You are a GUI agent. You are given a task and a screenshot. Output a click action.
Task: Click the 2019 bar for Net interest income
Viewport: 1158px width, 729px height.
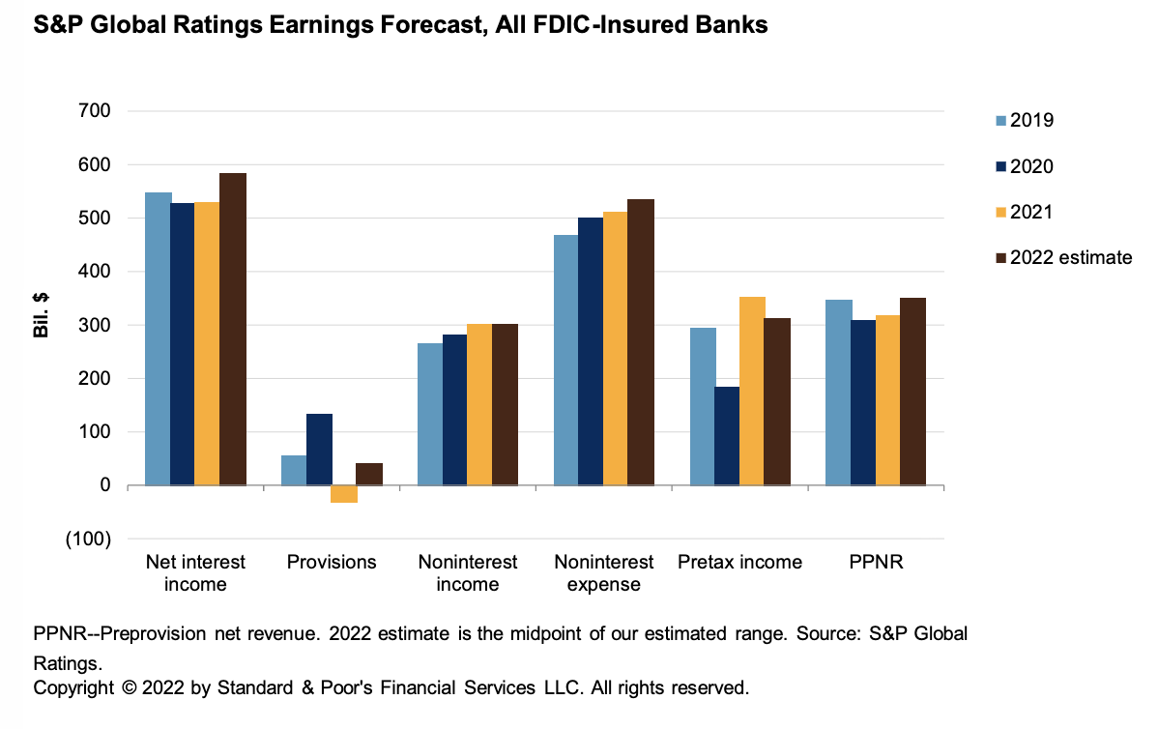click(x=159, y=338)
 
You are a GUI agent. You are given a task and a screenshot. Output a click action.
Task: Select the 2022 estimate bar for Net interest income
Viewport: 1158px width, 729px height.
click(x=233, y=329)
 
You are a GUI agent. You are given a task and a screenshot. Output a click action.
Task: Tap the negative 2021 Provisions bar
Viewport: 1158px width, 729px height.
click(x=343, y=494)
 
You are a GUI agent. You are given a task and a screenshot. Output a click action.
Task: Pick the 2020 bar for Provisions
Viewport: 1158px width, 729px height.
click(x=319, y=450)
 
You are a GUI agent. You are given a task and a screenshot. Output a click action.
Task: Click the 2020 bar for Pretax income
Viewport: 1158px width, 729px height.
click(x=726, y=436)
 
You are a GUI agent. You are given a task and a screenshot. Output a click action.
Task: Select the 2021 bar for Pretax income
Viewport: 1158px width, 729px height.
click(x=751, y=391)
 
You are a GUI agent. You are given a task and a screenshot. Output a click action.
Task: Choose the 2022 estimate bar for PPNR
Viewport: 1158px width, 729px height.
click(x=912, y=392)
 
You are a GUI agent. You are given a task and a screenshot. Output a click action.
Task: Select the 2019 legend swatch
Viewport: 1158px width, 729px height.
click(x=1000, y=121)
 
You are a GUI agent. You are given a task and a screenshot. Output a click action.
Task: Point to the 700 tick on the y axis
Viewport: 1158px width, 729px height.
click(x=94, y=111)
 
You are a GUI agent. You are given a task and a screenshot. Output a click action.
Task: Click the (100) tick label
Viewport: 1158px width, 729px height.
click(x=88, y=539)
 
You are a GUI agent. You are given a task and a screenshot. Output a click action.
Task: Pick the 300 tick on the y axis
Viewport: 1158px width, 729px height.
click(x=94, y=325)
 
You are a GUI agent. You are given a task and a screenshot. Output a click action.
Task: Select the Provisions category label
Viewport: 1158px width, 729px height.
click(x=332, y=562)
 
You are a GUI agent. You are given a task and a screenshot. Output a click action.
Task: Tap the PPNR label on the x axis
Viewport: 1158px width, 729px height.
click(x=876, y=562)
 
